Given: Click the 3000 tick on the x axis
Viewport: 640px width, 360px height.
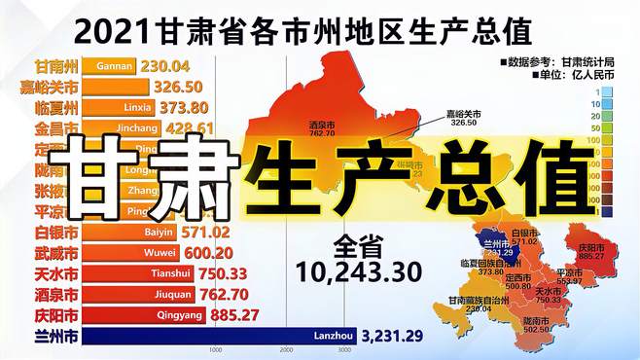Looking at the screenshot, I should (x=344, y=350).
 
